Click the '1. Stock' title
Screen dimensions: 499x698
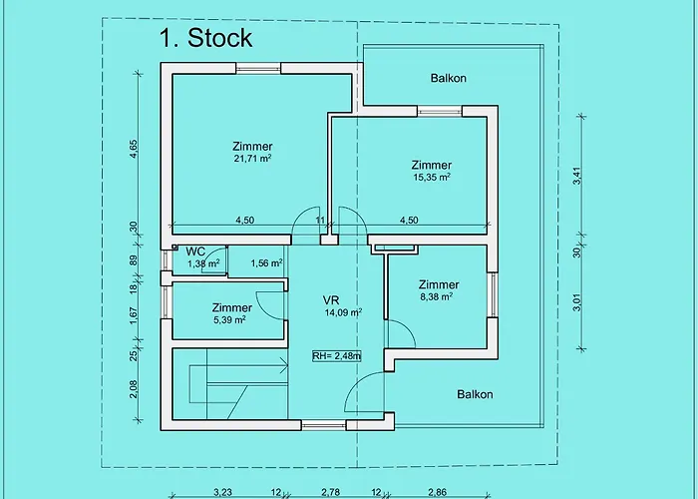[x=205, y=38]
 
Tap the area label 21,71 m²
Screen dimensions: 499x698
[x=253, y=159]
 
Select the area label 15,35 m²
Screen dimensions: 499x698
[x=431, y=178]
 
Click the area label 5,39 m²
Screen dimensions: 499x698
[x=229, y=320]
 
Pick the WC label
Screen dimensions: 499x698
[x=195, y=250]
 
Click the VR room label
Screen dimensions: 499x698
[x=331, y=299]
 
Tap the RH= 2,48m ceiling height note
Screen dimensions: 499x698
[x=336, y=355]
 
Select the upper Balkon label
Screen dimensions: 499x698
[x=449, y=78]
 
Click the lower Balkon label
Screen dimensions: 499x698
[x=475, y=394]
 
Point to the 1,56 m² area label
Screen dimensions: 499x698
[x=266, y=263]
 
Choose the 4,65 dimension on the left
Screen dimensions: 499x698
[x=133, y=150]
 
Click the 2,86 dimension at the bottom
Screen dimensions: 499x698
[x=436, y=492]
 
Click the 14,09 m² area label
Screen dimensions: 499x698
[x=343, y=312]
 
